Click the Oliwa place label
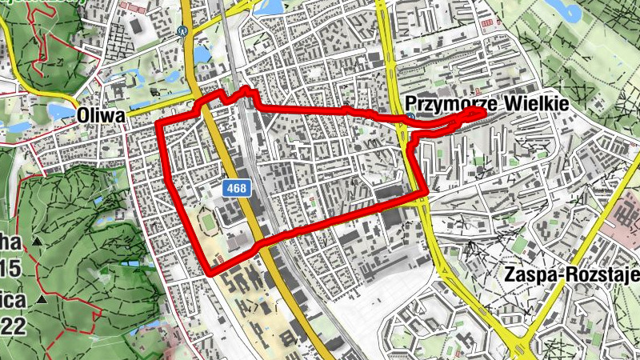click(101, 116)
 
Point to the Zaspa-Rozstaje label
click(573, 275)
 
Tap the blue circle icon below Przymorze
click(410, 118)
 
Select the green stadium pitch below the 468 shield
click(207, 218)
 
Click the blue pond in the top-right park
click(574, 10)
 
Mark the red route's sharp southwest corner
click(210, 274)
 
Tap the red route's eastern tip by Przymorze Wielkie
click(485, 111)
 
